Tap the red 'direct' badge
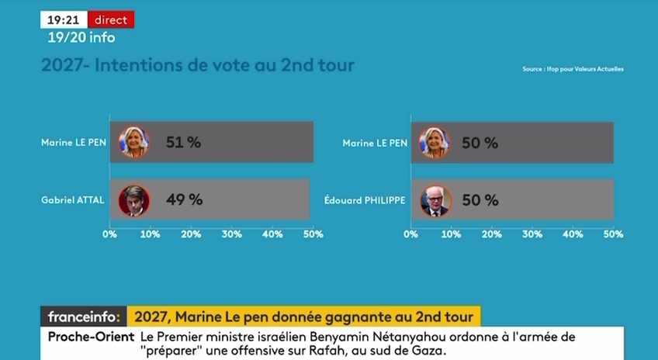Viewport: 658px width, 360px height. (111, 19)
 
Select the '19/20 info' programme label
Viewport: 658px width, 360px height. (81, 37)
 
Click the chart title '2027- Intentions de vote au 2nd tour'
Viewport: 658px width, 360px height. (198, 66)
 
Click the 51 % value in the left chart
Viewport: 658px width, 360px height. (184, 142)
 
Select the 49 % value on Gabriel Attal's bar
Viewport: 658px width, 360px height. (185, 199)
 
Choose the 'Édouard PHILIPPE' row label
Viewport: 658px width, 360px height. (365, 200)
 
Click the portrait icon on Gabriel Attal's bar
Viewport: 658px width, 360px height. (133, 200)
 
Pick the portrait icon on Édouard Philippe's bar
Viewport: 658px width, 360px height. (435, 200)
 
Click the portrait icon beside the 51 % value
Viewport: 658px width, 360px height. (133, 142)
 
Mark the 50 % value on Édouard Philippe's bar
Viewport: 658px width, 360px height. (480, 199)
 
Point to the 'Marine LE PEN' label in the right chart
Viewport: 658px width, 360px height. (375, 143)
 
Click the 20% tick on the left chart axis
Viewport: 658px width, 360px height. (191, 233)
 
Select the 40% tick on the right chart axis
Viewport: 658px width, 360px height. (573, 233)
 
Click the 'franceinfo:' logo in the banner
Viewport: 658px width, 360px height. (83, 317)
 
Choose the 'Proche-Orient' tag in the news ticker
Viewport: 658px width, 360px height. (88, 337)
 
